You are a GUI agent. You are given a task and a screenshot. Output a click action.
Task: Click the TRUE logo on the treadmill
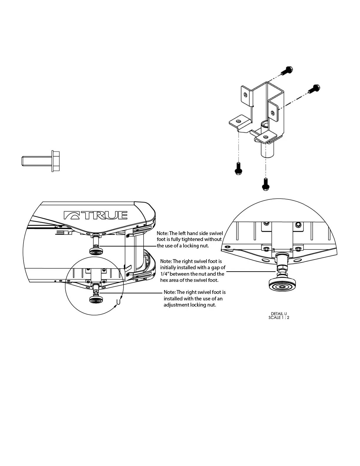point(96,215)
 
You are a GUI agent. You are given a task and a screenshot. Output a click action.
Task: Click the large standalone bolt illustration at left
point(41,161)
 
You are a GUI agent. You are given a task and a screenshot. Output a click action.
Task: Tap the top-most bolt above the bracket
point(287,71)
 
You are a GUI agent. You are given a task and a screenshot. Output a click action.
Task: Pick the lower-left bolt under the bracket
point(238,169)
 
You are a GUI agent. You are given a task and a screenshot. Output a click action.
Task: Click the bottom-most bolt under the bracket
point(265,185)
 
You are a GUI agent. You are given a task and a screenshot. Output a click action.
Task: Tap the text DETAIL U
point(279,314)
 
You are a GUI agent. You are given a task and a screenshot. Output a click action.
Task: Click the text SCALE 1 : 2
point(279,318)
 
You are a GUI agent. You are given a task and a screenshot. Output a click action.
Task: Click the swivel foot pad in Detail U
point(282,285)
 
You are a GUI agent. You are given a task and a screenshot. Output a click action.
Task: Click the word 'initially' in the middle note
point(169,268)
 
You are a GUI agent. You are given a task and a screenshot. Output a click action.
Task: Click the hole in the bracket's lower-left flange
point(239,121)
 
